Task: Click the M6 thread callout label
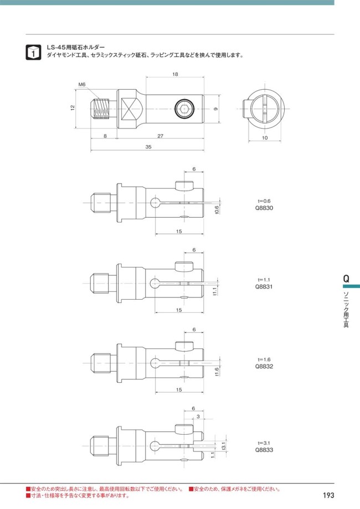click(82, 84)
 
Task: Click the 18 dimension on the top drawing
click(176, 74)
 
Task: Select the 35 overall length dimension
click(148, 147)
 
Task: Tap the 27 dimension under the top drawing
click(161, 136)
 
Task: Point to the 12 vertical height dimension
click(73, 107)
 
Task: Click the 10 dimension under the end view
click(265, 138)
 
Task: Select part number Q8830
click(264, 208)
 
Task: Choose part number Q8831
click(264, 287)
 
